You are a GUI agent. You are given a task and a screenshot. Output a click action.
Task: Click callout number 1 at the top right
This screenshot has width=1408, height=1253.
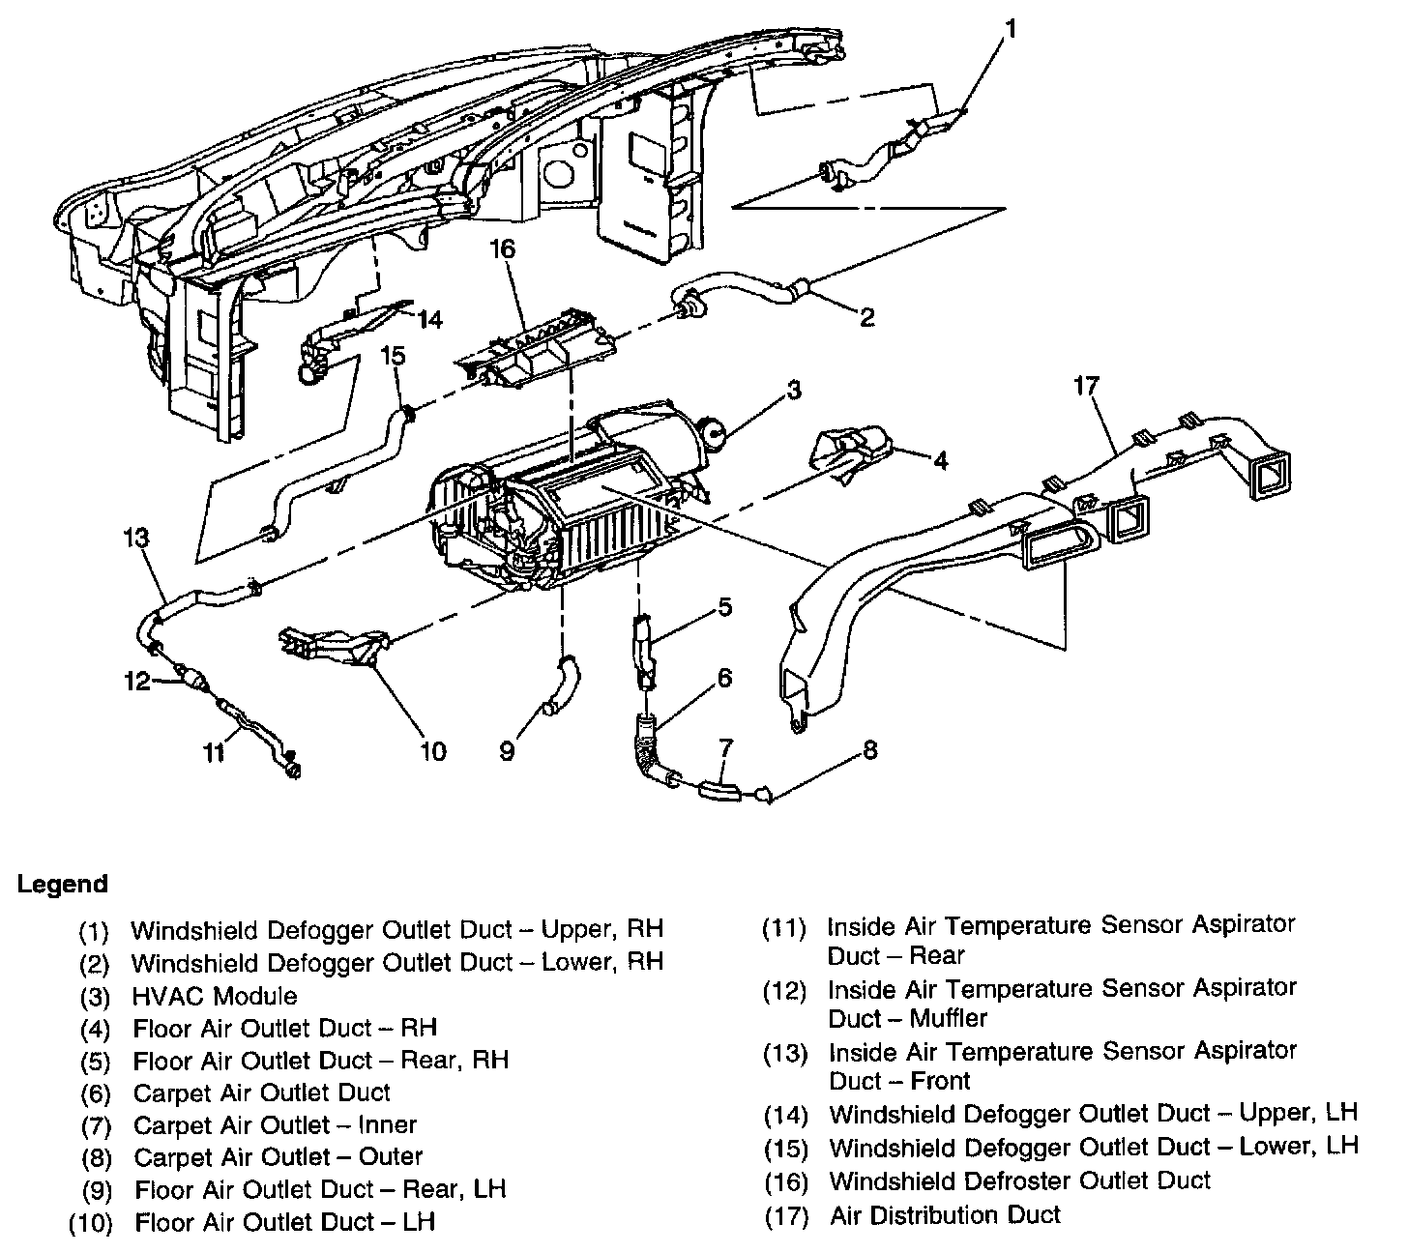[1012, 29]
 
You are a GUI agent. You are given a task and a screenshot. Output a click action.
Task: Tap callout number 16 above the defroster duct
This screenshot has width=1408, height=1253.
[503, 248]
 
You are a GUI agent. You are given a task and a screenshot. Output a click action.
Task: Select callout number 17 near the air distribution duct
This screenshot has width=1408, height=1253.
[1086, 386]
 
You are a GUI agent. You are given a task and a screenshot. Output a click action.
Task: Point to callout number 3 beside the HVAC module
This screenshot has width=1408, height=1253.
[794, 390]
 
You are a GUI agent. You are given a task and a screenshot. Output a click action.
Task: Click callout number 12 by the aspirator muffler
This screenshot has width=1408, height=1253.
[137, 681]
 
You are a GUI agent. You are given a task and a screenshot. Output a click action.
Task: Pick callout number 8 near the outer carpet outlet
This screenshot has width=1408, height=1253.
[869, 750]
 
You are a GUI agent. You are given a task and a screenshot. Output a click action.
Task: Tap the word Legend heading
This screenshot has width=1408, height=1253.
[63, 884]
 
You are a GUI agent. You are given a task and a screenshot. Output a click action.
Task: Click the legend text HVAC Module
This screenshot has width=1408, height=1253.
[215, 996]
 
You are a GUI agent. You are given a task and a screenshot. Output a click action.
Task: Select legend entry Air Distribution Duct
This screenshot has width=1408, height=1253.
[945, 1214]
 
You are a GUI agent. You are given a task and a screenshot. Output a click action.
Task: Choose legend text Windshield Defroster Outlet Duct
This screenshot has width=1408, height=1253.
[1019, 1180]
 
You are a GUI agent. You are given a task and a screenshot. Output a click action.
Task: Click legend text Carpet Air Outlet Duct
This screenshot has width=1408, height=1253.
[261, 1093]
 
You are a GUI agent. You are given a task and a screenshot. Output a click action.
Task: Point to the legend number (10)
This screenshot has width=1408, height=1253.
[90, 1223]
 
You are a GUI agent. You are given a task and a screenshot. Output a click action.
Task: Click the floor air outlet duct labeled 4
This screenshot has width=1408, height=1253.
[851, 452]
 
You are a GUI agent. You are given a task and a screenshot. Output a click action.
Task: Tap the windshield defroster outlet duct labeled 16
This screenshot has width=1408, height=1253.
[535, 347]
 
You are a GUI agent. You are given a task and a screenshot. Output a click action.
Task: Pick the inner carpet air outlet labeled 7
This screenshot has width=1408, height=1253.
[719, 792]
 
